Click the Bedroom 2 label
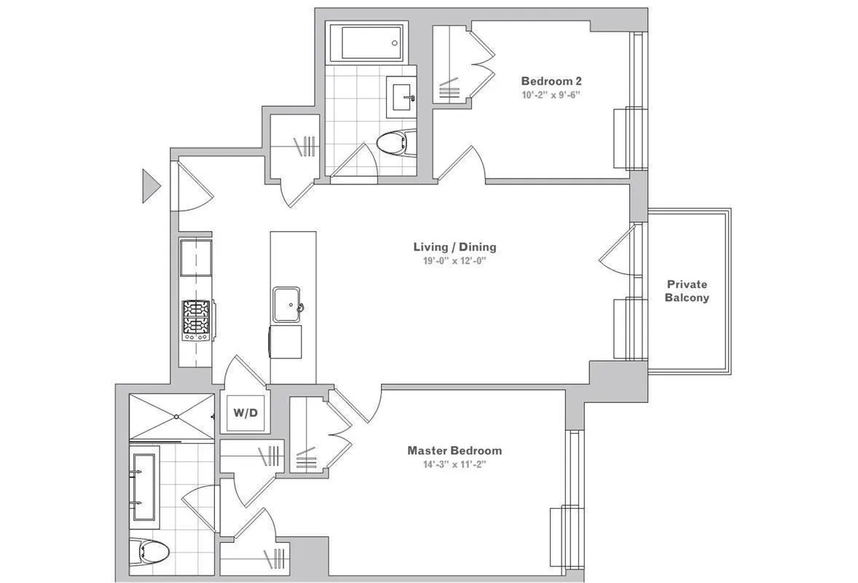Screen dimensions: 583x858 [x=551, y=81]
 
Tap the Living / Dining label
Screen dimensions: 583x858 [x=454, y=247]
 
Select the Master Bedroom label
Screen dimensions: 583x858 [x=454, y=450]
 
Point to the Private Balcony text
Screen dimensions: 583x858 [x=687, y=291]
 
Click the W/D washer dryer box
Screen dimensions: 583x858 [x=245, y=413]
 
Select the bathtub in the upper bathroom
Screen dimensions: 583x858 [x=366, y=42]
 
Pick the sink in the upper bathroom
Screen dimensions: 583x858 [x=401, y=95]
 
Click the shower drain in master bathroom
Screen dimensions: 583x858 [x=176, y=417]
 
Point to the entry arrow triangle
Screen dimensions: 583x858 [x=150, y=185]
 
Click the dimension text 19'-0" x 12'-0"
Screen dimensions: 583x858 [x=454, y=262]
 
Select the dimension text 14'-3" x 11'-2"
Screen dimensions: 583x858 [x=454, y=465]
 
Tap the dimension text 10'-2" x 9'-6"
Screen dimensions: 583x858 [x=551, y=95]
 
